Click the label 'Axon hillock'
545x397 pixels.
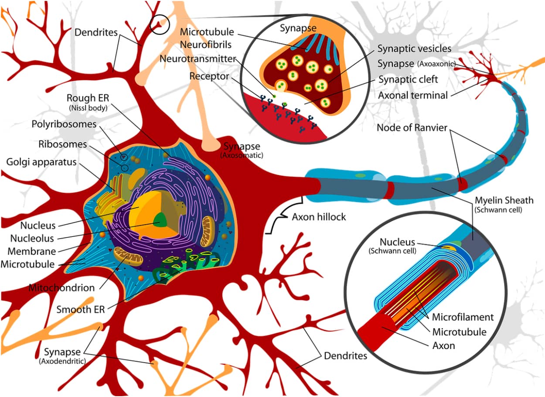point(319,216)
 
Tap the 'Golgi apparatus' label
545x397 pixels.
point(41,162)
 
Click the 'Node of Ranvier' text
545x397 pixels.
point(412,128)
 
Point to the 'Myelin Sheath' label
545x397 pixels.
point(504,200)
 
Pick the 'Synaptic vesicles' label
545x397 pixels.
point(414,48)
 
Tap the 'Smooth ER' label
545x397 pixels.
point(81,309)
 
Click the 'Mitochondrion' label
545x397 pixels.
point(61,288)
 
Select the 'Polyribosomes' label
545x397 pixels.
point(64,124)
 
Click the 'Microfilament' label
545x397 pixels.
point(463,317)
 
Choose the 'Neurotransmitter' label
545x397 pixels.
point(198,58)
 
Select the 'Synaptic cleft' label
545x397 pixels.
point(408,79)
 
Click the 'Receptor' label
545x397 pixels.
point(209,76)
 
